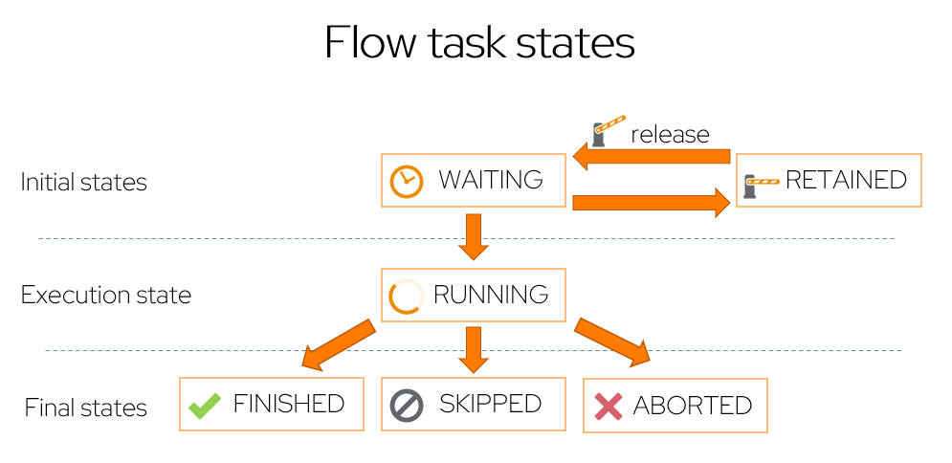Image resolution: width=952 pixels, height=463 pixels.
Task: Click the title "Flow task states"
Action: coord(478,44)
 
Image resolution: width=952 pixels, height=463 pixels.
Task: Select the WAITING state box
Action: coord(474,180)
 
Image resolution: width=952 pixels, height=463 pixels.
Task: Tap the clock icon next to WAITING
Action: coord(407,181)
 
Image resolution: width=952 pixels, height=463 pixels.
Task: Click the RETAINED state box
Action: coord(830,180)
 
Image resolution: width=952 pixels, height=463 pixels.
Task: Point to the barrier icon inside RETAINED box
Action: coord(762,181)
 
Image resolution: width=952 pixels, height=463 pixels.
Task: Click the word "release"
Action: coord(670,134)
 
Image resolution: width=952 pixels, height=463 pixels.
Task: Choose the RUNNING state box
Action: coord(474,295)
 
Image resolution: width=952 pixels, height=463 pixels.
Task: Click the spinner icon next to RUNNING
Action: coord(406,297)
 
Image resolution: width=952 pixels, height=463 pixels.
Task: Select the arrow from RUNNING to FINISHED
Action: coord(337,343)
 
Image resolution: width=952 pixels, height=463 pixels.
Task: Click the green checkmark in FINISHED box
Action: coord(205,405)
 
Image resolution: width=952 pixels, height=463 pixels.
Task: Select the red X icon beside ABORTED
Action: coord(609,407)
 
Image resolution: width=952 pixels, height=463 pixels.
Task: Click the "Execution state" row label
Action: coord(106,295)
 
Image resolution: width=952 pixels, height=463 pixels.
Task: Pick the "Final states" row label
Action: coord(86,408)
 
